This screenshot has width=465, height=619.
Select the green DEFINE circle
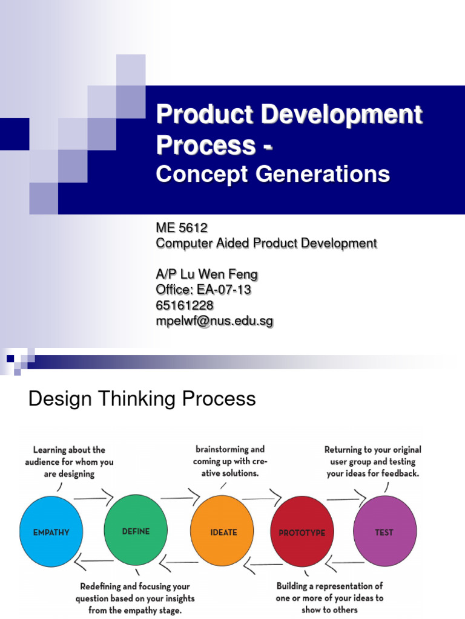(x=136, y=532)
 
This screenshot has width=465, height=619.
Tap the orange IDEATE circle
(x=223, y=532)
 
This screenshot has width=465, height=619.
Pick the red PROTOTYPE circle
(x=302, y=532)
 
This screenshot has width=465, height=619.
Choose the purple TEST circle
(x=384, y=532)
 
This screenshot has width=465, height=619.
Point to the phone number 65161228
(x=185, y=306)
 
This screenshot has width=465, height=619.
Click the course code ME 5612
(x=182, y=228)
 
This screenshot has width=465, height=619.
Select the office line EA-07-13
(x=203, y=290)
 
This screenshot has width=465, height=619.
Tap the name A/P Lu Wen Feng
(x=206, y=274)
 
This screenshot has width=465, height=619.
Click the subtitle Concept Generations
(x=272, y=175)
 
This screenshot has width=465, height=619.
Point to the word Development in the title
(x=331, y=115)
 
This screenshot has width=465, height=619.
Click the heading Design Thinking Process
(x=142, y=399)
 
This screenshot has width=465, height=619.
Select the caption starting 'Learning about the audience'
(x=69, y=462)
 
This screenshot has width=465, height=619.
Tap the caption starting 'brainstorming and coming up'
(x=230, y=461)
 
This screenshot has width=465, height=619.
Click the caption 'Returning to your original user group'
(x=372, y=462)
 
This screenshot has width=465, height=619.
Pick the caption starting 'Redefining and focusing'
(x=135, y=597)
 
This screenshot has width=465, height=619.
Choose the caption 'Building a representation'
(x=329, y=597)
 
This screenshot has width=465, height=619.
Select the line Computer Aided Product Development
(x=266, y=243)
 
